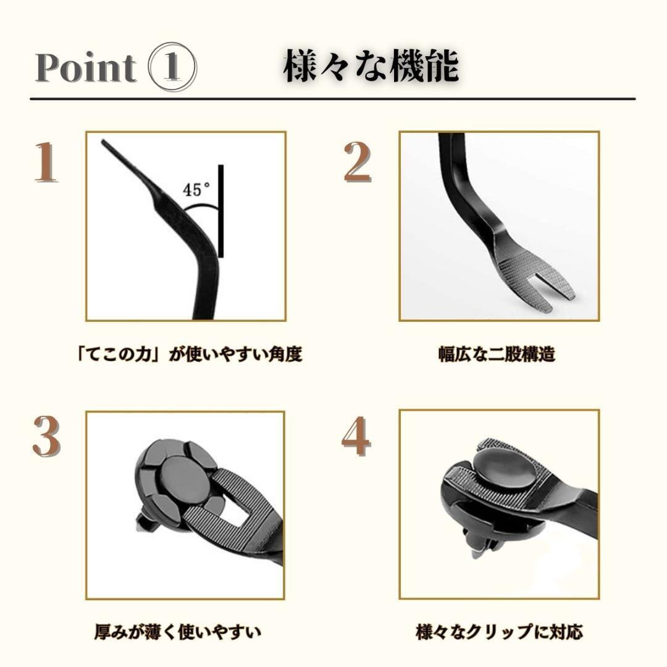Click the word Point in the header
[x=85, y=68]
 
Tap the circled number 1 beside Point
[x=172, y=67]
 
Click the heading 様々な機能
[x=371, y=67]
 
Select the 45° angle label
[x=197, y=190]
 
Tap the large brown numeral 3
[x=46, y=437]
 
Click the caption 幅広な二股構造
[x=497, y=354]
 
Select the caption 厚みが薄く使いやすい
[x=178, y=632]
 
